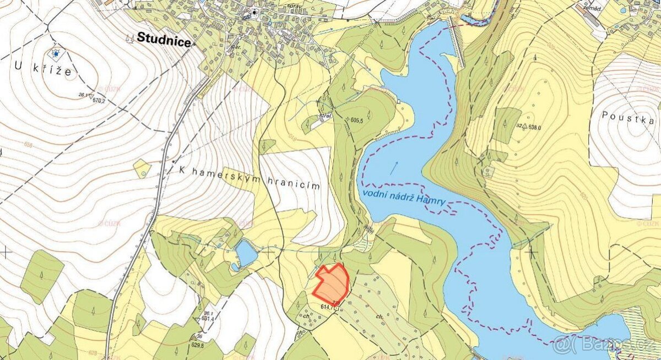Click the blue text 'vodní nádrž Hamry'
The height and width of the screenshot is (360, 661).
coord(404,198)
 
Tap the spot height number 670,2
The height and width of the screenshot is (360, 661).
coord(99,101)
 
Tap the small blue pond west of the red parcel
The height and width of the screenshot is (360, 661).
coord(246,254)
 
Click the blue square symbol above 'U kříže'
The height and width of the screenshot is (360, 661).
coord(56,53)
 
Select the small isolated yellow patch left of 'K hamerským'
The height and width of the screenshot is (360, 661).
coord(142,168)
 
